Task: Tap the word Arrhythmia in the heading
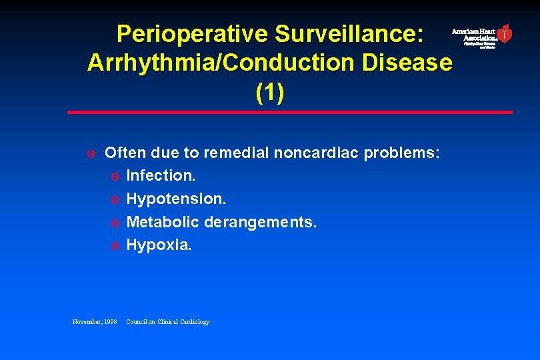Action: click(154, 63)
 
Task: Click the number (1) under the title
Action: click(269, 93)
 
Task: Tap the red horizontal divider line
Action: click(289, 112)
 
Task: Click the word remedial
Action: click(234, 153)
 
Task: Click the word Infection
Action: click(161, 176)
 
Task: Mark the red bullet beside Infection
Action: click(115, 177)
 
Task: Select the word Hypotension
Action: click(176, 199)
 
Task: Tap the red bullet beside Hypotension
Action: click(115, 200)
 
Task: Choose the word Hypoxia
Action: click(159, 245)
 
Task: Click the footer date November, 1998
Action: click(95, 322)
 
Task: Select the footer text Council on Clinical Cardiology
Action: click(167, 322)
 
